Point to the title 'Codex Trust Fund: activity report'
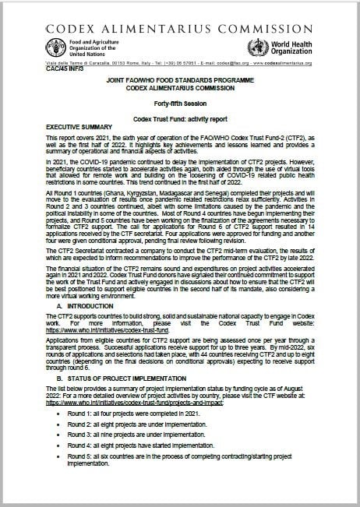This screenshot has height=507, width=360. click(x=180, y=118)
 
